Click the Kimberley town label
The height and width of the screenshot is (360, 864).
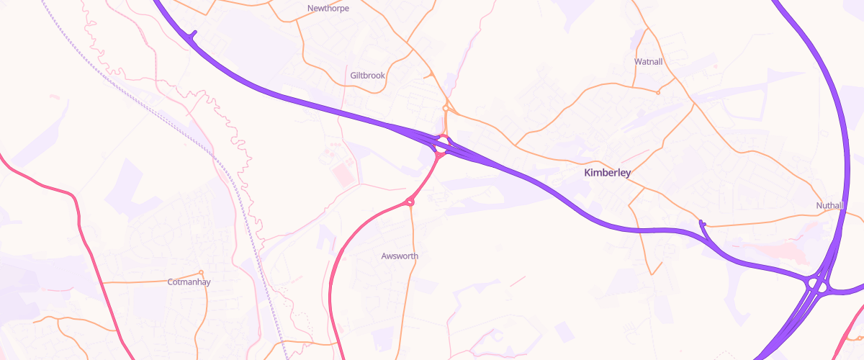(607, 173)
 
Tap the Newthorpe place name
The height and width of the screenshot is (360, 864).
(328, 9)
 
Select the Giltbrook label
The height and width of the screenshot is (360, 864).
(367, 75)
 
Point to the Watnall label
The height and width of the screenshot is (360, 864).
(648, 62)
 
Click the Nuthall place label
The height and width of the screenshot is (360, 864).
(829, 206)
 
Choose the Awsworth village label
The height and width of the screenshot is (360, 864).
(400, 256)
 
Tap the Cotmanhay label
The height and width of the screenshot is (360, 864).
(189, 282)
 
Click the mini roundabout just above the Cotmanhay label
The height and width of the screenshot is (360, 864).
(201, 272)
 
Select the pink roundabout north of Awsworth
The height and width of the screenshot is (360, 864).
(410, 202)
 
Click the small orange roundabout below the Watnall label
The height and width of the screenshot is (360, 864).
(658, 92)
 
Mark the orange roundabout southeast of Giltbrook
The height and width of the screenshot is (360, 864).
(446, 109)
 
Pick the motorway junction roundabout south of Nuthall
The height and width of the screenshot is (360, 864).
(819, 285)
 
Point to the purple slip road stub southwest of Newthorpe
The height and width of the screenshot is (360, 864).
(192, 34)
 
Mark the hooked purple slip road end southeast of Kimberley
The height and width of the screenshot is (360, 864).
(702, 223)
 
